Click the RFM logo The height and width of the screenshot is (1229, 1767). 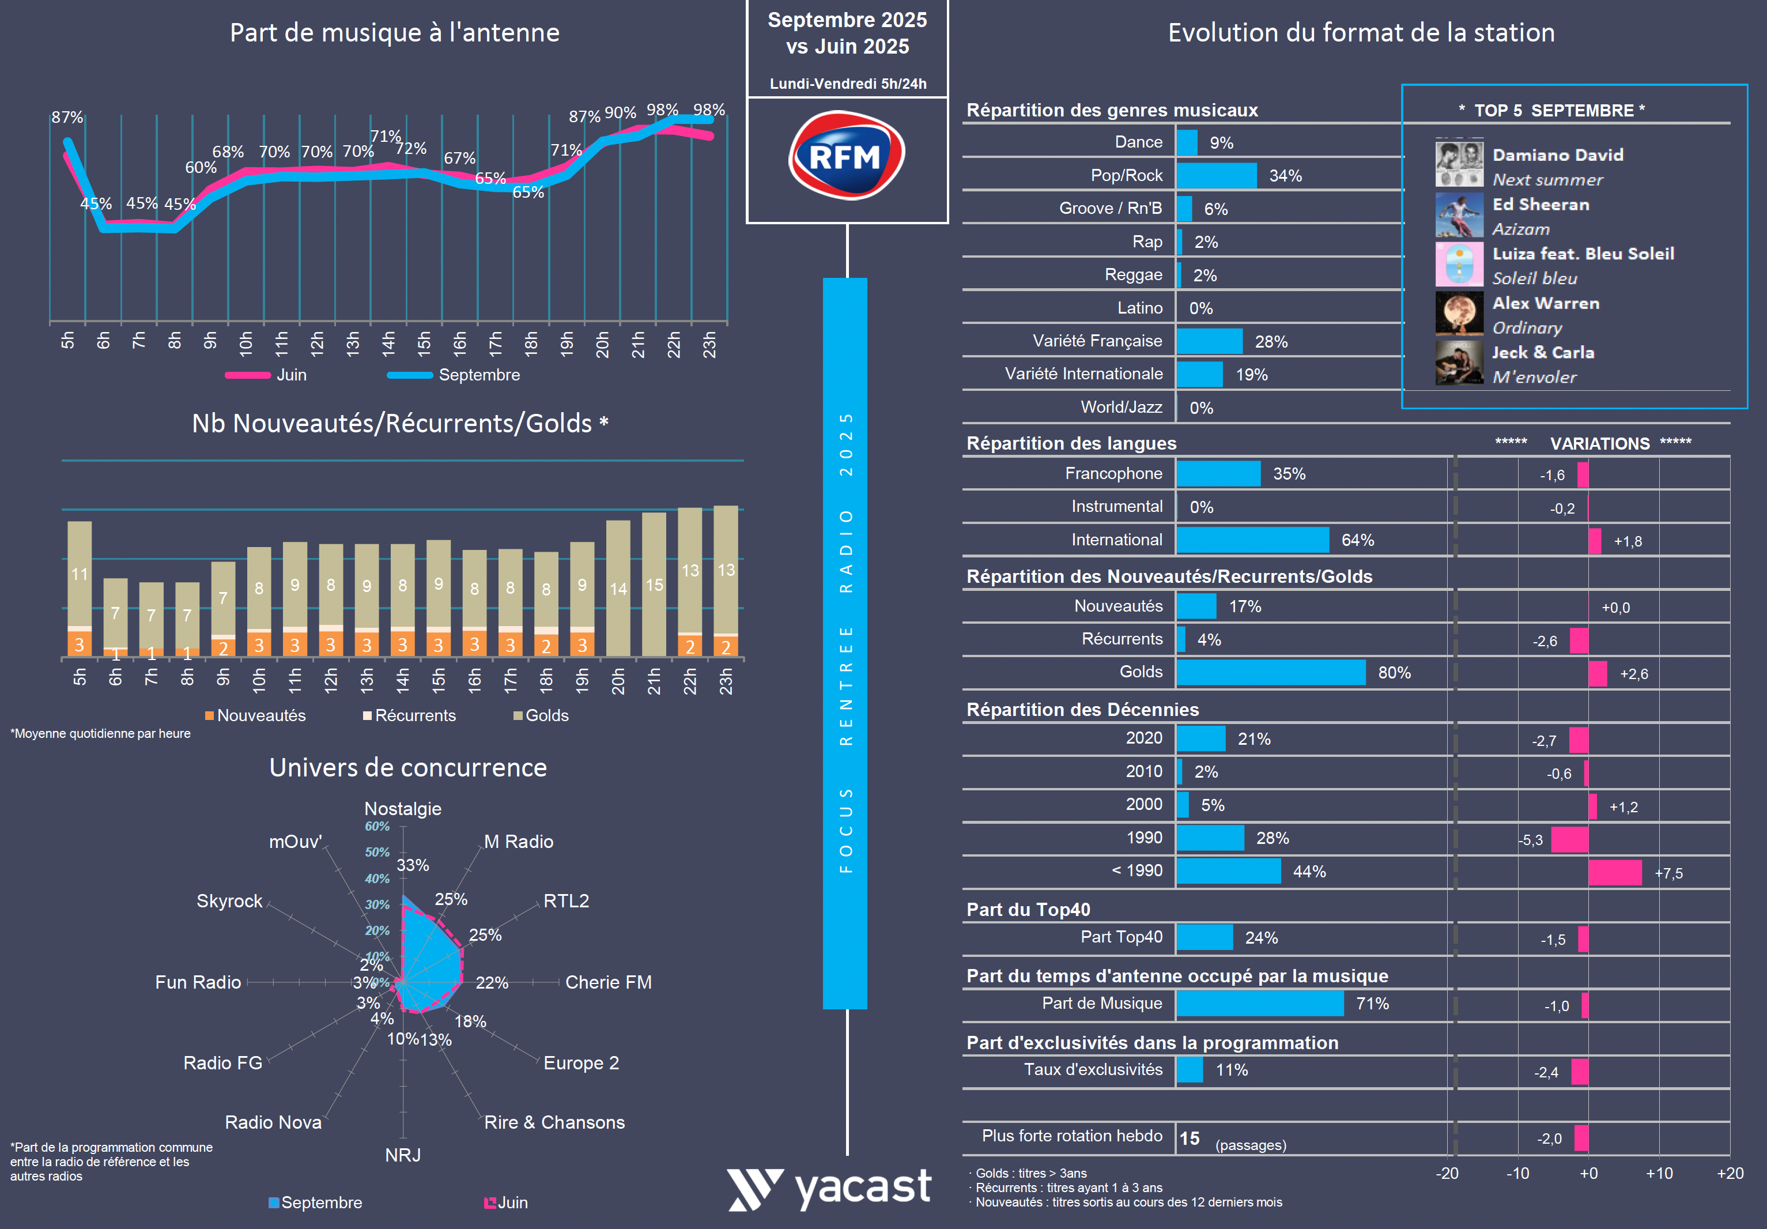(846, 156)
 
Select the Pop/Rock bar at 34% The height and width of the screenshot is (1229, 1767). (1216, 175)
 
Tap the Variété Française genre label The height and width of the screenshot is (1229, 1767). (1097, 341)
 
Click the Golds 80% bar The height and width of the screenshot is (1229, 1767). (1271, 673)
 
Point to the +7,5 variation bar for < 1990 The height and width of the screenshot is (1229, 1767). (1615, 873)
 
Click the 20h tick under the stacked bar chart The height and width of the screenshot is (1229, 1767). (618, 681)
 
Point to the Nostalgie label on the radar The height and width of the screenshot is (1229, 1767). (402, 809)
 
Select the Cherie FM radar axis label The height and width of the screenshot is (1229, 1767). (608, 983)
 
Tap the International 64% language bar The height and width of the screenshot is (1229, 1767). (1252, 540)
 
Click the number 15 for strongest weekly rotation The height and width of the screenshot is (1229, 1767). (1189, 1138)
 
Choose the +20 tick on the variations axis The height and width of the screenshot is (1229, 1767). (1730, 1174)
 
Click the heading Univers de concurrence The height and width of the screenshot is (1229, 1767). (408, 768)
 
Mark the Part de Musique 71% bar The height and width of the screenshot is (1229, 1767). (1260, 1004)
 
